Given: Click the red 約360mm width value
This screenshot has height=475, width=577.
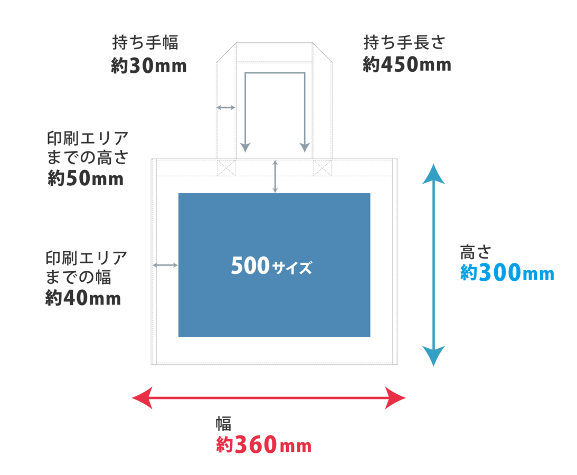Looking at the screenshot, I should [263, 445].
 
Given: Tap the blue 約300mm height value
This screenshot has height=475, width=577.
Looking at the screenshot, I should [507, 273].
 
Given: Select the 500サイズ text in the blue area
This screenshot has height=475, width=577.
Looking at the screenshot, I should [271, 267].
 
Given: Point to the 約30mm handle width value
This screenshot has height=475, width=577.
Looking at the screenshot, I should [148, 66].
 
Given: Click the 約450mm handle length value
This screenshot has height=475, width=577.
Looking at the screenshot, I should [406, 65].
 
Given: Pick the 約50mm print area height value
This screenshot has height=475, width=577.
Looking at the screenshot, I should [85, 179].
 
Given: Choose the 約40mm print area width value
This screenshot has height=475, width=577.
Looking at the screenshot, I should [83, 299].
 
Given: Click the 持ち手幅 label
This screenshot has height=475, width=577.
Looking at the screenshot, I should [145, 43].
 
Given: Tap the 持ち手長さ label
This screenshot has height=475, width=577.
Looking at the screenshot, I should [404, 42].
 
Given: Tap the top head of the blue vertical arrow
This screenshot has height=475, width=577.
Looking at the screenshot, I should [433, 174].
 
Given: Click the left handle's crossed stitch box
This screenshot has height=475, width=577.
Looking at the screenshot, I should [226, 168].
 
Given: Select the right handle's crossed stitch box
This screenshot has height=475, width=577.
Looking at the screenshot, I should [322, 168].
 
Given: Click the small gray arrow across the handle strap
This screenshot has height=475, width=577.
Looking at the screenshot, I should [226, 108].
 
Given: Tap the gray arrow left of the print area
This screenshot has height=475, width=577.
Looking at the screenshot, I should [165, 264].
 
